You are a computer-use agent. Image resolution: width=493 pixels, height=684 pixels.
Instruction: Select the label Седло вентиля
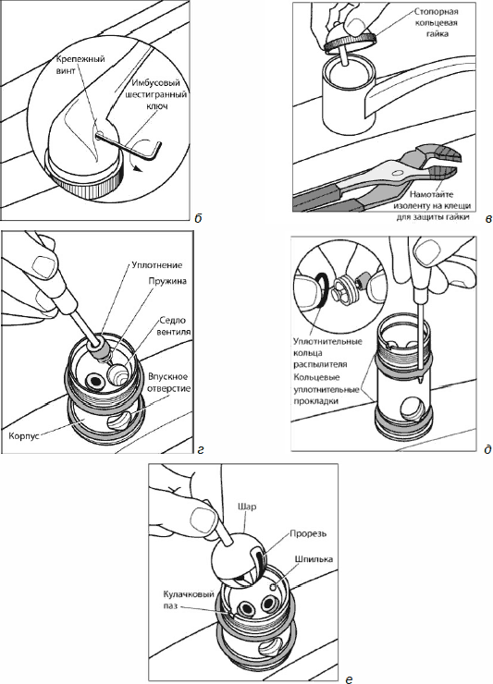pyautogui.click(x=173, y=325)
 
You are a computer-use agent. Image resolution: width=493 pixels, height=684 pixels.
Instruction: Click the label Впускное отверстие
pyautogui.click(x=168, y=382)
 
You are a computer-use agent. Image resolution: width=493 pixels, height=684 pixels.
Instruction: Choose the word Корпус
pyautogui.click(x=23, y=435)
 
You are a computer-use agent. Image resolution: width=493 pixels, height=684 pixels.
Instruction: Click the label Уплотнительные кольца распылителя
pyautogui.click(x=327, y=353)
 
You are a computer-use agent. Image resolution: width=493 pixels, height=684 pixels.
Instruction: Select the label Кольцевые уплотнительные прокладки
pyautogui.click(x=326, y=389)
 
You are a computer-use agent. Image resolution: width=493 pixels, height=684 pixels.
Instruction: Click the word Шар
pyautogui.click(x=247, y=507)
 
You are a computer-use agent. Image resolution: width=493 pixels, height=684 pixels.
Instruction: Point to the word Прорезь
pyautogui.click(x=308, y=534)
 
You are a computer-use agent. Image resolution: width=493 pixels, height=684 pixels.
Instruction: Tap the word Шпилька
pyautogui.click(x=314, y=559)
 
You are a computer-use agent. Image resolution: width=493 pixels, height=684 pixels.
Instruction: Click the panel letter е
pyautogui.click(x=349, y=678)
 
